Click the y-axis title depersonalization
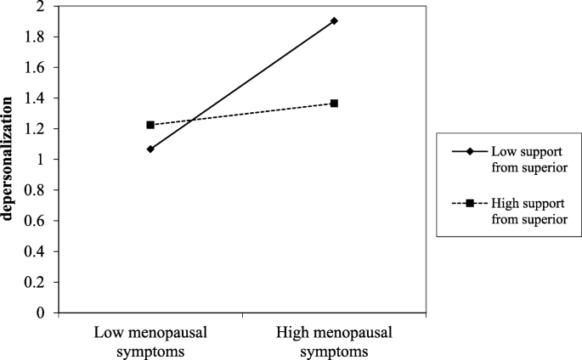point(8,160)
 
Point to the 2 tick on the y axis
point(41,7)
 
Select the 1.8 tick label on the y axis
point(37,37)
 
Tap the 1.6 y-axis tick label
point(37,68)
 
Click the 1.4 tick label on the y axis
point(37,98)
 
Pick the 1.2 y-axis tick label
point(37,129)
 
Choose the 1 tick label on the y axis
point(41,160)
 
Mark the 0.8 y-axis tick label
point(37,190)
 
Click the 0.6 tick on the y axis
point(37,221)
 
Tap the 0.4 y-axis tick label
point(37,251)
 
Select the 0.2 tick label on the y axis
point(37,282)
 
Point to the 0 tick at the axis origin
point(41,312)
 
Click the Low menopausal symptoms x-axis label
point(150,339)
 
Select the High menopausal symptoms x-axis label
point(334,339)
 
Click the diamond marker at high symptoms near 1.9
point(334,21)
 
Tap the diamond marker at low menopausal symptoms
point(150,149)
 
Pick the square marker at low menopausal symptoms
point(150,125)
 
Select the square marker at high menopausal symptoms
point(334,104)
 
